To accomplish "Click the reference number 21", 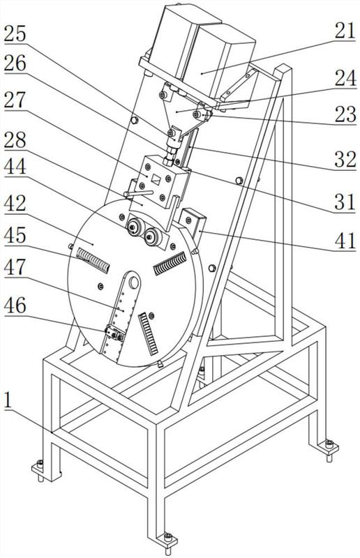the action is tap(345, 31).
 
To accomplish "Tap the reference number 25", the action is tap(15, 33).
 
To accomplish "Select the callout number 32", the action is tap(345, 159).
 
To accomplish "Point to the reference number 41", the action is tap(345, 240).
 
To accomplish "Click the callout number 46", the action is tap(15, 306).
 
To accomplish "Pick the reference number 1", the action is tap(8, 400).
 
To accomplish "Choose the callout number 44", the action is tap(15, 166).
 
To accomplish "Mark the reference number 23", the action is tap(345, 114).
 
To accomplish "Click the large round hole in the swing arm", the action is tap(134, 282).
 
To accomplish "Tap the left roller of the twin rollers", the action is tap(134, 226).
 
